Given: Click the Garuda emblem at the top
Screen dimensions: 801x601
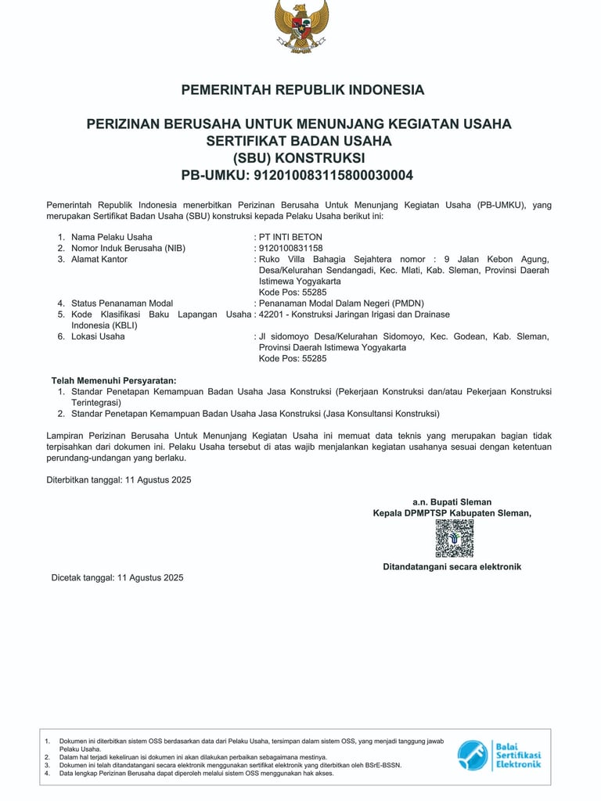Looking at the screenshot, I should [x=301, y=26].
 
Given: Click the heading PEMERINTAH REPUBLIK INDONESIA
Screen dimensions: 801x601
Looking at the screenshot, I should [x=303, y=90].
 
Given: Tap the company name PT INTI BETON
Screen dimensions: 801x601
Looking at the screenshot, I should [x=290, y=237].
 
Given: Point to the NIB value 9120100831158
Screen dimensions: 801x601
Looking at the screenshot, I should [x=290, y=248].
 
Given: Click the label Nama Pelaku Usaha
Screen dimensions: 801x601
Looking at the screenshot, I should [x=112, y=237].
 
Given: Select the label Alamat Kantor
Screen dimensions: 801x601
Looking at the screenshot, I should [x=99, y=259].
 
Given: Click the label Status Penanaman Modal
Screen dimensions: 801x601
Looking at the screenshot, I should [x=122, y=304].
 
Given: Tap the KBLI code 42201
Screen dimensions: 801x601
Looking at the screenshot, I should [x=272, y=314].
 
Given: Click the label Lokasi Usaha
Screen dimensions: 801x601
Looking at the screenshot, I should [x=98, y=336].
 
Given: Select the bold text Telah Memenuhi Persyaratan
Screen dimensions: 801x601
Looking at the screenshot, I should [x=114, y=380].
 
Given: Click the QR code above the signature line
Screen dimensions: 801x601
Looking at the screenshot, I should [x=455, y=538].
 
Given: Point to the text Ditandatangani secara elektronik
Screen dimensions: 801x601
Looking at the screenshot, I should [x=452, y=566].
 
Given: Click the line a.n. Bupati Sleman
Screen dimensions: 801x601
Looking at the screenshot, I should [x=452, y=502].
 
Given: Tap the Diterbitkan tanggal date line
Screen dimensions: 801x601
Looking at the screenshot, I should [x=119, y=480].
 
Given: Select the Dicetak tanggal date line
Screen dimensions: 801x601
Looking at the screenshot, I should [x=117, y=578].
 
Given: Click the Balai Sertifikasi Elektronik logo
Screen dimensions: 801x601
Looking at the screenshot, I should [x=499, y=755].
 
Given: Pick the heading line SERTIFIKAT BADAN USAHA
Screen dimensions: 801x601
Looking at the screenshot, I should [x=299, y=141].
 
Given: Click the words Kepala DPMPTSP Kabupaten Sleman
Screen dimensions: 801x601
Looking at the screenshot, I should [x=452, y=513].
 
